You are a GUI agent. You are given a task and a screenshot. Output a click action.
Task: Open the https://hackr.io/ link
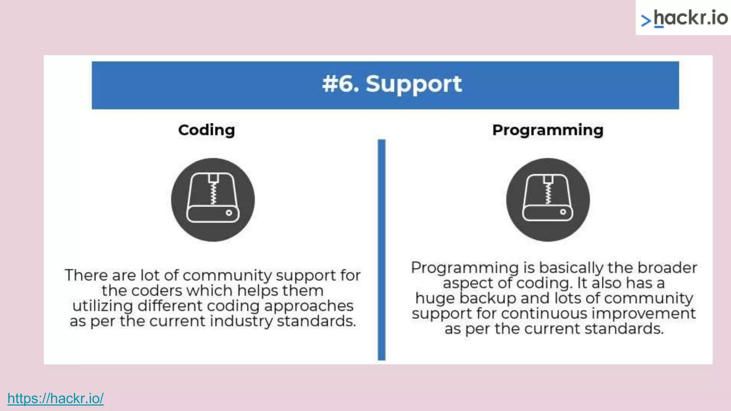click(x=55, y=398)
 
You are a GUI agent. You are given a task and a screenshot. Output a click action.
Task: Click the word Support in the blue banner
click(x=414, y=84)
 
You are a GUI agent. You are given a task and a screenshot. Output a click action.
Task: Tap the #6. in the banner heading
click(x=340, y=84)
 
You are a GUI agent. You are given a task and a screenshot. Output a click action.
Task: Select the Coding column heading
click(x=206, y=130)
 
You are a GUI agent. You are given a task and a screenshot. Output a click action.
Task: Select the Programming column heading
click(x=548, y=130)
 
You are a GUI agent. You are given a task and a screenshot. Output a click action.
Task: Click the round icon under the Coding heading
click(x=213, y=199)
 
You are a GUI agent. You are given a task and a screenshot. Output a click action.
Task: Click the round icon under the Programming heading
click(x=548, y=199)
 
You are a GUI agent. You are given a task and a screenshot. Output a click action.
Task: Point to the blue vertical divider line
click(x=382, y=250)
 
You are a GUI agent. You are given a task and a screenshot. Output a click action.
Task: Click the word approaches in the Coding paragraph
click(x=309, y=306)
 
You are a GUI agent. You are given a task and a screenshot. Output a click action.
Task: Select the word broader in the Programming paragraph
click(x=667, y=268)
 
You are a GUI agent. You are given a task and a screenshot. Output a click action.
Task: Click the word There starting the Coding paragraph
click(x=86, y=275)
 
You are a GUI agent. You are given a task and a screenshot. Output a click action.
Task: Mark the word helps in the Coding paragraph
click(x=258, y=291)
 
